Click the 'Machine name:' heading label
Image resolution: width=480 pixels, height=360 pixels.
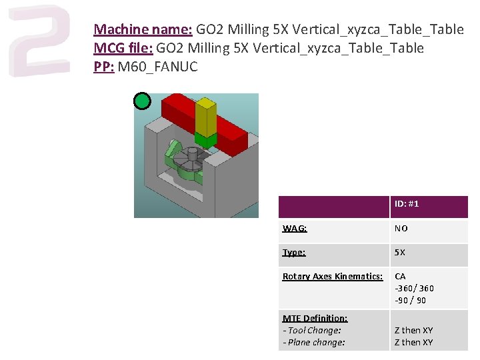(143, 29)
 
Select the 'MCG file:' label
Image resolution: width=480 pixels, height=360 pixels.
(123, 48)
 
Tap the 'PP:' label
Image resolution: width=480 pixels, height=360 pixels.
(104, 67)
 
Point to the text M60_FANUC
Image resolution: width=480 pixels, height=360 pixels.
(157, 67)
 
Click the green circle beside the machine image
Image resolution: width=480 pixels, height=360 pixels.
(143, 101)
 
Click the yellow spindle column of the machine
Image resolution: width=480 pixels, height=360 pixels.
(206, 117)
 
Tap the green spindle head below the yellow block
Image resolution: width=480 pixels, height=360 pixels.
(206, 140)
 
